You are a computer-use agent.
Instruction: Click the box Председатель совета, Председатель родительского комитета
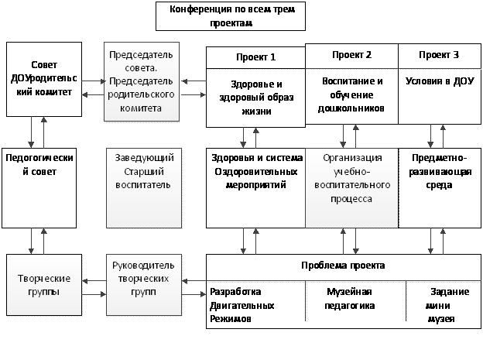pyautogui.click(x=142, y=82)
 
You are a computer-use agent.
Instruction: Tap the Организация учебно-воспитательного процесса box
pyautogui.click(x=348, y=186)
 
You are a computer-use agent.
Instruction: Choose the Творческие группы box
pyautogui.click(x=43, y=284)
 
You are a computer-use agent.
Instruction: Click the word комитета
pyautogui.click(x=142, y=109)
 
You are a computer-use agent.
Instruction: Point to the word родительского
pyautogui.click(x=142, y=95)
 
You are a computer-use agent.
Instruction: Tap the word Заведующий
pyautogui.click(x=142, y=157)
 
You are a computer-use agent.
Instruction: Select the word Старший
pyautogui.click(x=142, y=171)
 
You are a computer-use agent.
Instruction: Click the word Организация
pyautogui.click(x=348, y=159)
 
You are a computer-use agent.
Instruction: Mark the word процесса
pyautogui.click(x=348, y=199)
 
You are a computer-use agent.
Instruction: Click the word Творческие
pyautogui.click(x=43, y=277)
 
